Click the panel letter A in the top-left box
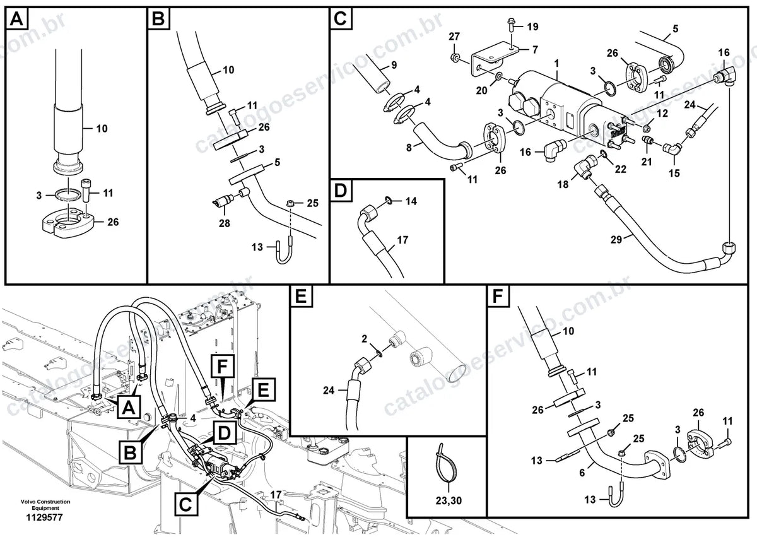16,19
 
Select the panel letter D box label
341,191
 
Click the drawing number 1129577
44,517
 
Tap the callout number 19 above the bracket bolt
532,27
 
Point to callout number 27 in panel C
454,37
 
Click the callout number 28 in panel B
224,223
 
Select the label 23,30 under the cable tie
449,500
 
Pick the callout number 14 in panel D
411,201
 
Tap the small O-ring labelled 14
389,201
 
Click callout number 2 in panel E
364,339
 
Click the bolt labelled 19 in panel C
510,29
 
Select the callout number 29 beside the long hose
616,240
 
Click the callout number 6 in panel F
582,473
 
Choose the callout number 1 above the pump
556,63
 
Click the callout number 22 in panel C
621,169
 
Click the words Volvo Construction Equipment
45,505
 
